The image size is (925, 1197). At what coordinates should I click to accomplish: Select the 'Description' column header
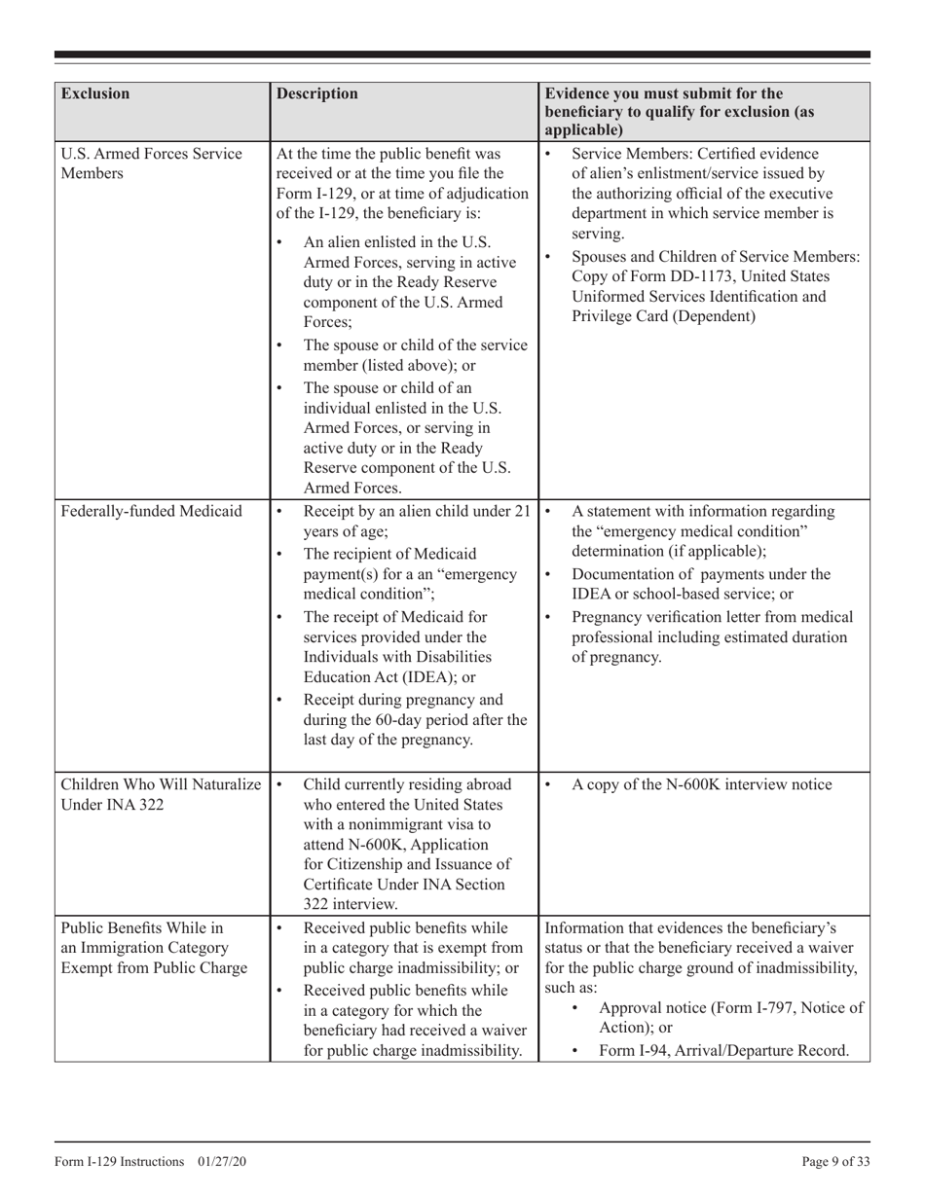click(317, 94)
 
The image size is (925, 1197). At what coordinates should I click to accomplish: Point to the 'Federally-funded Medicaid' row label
click(151, 511)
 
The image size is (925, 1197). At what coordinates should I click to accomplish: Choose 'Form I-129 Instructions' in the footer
click(118, 1162)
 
